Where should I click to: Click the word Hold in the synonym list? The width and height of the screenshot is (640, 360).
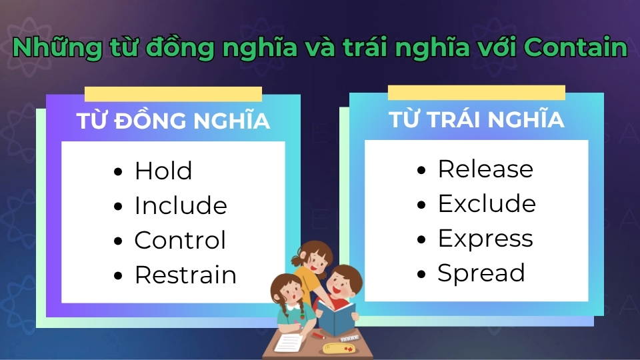tap(163, 171)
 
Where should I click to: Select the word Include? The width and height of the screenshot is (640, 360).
tap(181, 206)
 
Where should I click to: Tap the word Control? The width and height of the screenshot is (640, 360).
tap(180, 241)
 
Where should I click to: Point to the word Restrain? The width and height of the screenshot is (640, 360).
tap(185, 275)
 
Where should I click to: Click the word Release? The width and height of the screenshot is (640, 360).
tap(485, 169)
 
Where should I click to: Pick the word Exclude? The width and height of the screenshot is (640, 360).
tap(486, 204)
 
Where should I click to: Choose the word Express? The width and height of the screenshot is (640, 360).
tap(485, 239)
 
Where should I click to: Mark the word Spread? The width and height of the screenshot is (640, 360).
tap(481, 273)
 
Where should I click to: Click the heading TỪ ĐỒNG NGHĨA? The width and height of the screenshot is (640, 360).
tap(173, 121)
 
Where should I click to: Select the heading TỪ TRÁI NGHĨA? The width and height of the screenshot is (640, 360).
tap(476, 119)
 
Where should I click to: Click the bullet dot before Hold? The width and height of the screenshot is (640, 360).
tap(119, 172)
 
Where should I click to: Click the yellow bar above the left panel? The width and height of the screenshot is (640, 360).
tap(173, 94)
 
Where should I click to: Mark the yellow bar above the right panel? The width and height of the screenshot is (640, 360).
tap(476, 93)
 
